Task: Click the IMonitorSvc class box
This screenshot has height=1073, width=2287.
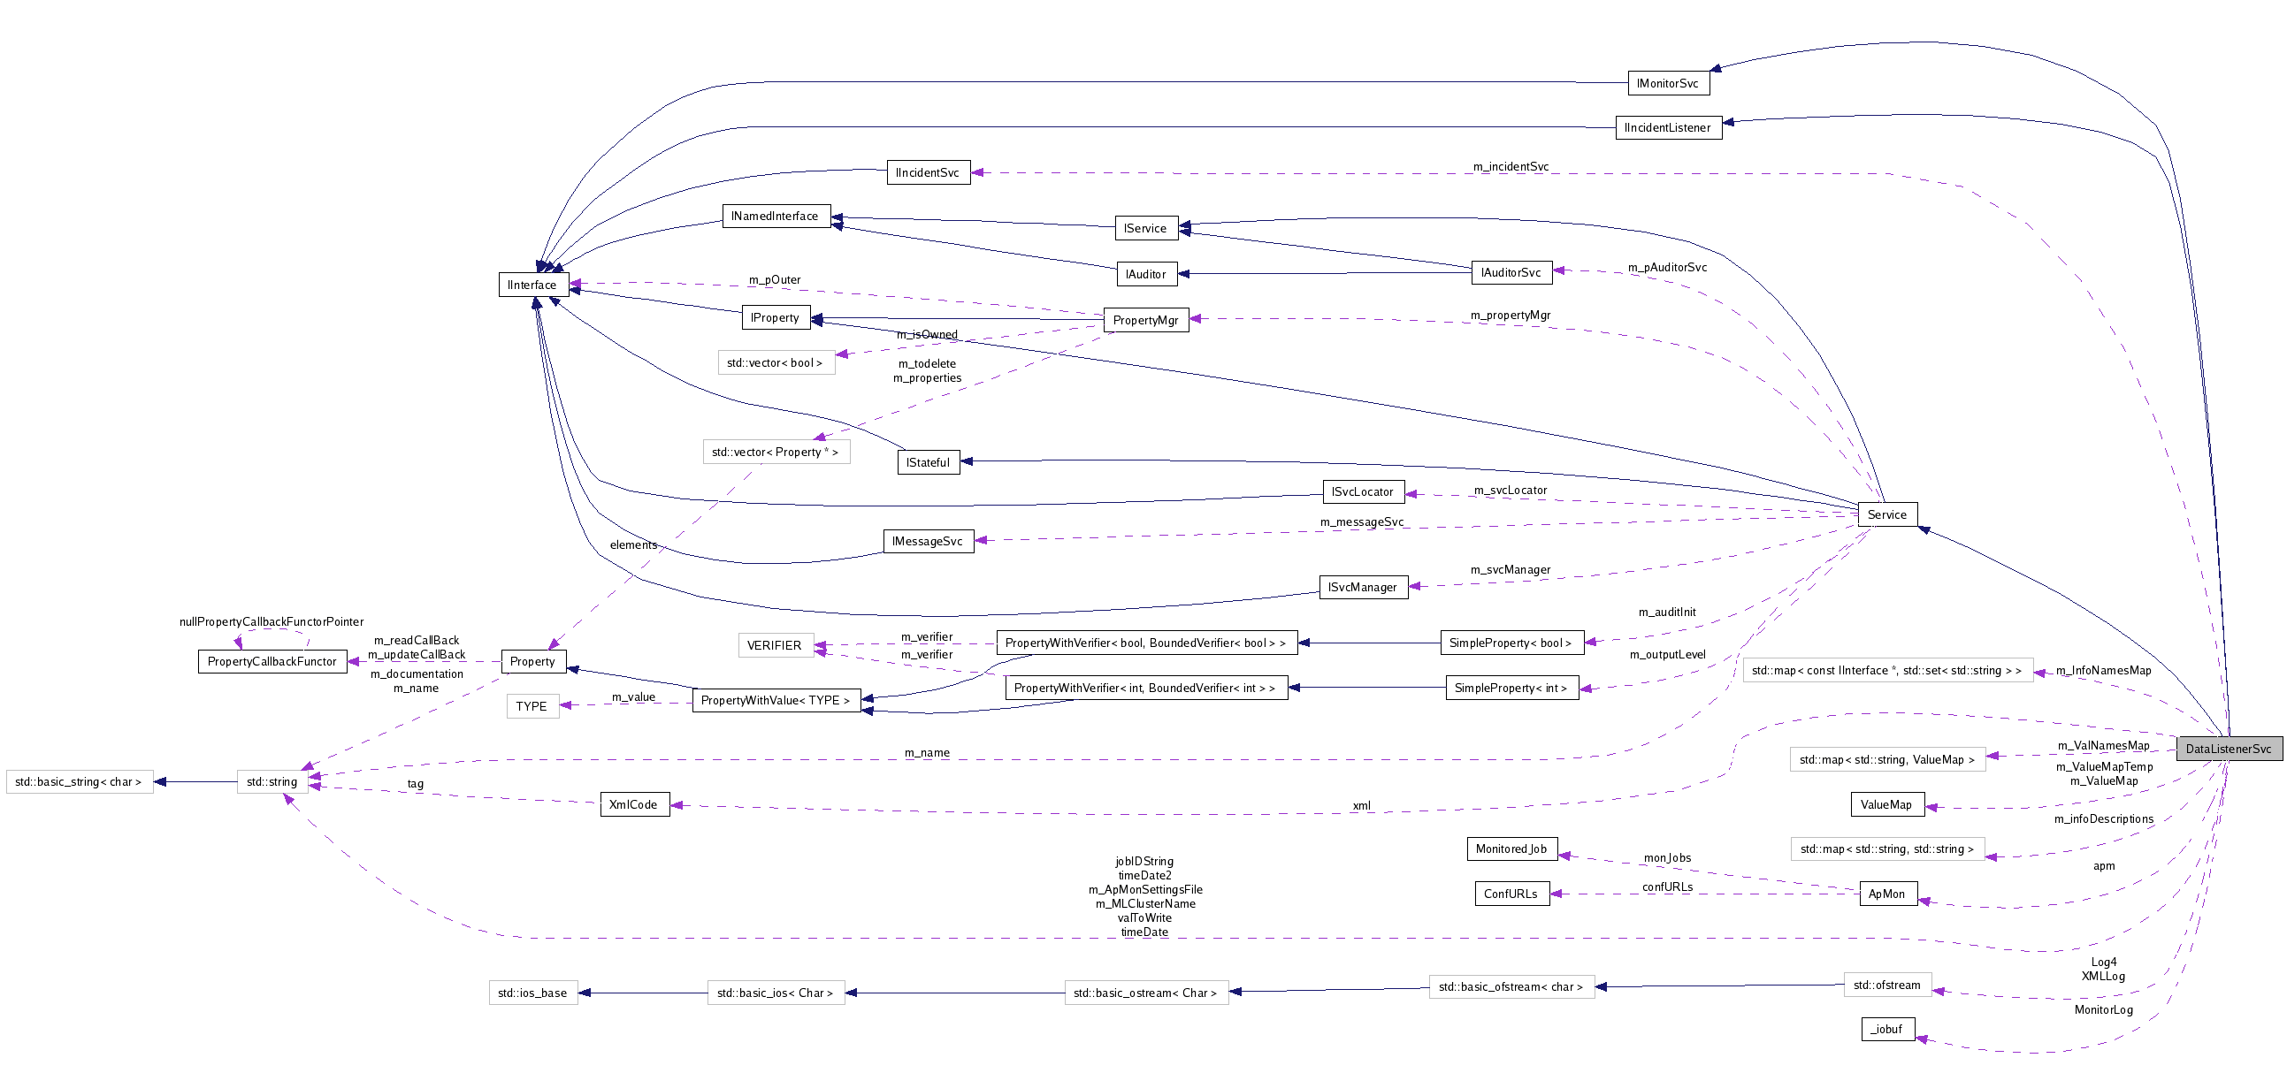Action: [x=1667, y=83]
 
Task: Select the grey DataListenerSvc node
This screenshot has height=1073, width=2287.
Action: [x=2228, y=748]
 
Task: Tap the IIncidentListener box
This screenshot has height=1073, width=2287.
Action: [x=1667, y=128]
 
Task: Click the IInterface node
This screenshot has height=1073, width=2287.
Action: [x=532, y=285]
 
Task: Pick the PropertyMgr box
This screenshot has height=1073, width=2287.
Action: [x=1145, y=320]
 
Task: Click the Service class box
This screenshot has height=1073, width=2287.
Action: [x=1886, y=514]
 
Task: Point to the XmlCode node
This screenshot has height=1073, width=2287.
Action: [x=634, y=804]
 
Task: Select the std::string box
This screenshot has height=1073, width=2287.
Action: [x=272, y=782]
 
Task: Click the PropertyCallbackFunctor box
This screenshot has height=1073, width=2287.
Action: [x=272, y=661]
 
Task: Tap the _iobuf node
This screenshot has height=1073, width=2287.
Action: [x=1886, y=1029]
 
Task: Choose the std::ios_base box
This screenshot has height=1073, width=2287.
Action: [x=532, y=993]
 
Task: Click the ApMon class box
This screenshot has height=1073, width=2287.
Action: [x=1886, y=894]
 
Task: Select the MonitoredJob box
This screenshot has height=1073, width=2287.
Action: [x=1511, y=849]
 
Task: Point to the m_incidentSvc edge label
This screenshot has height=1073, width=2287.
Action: [x=1511, y=167]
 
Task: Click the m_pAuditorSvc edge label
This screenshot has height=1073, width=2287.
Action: [x=1666, y=267]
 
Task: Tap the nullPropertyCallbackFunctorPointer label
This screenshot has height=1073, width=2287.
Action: [x=271, y=621]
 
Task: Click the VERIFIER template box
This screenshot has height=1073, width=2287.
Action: [x=774, y=645]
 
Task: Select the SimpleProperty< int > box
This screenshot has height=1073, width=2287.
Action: [x=1511, y=688]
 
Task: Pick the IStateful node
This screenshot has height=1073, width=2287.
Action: [x=928, y=462]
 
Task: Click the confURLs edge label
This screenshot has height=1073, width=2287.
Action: [x=1666, y=887]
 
